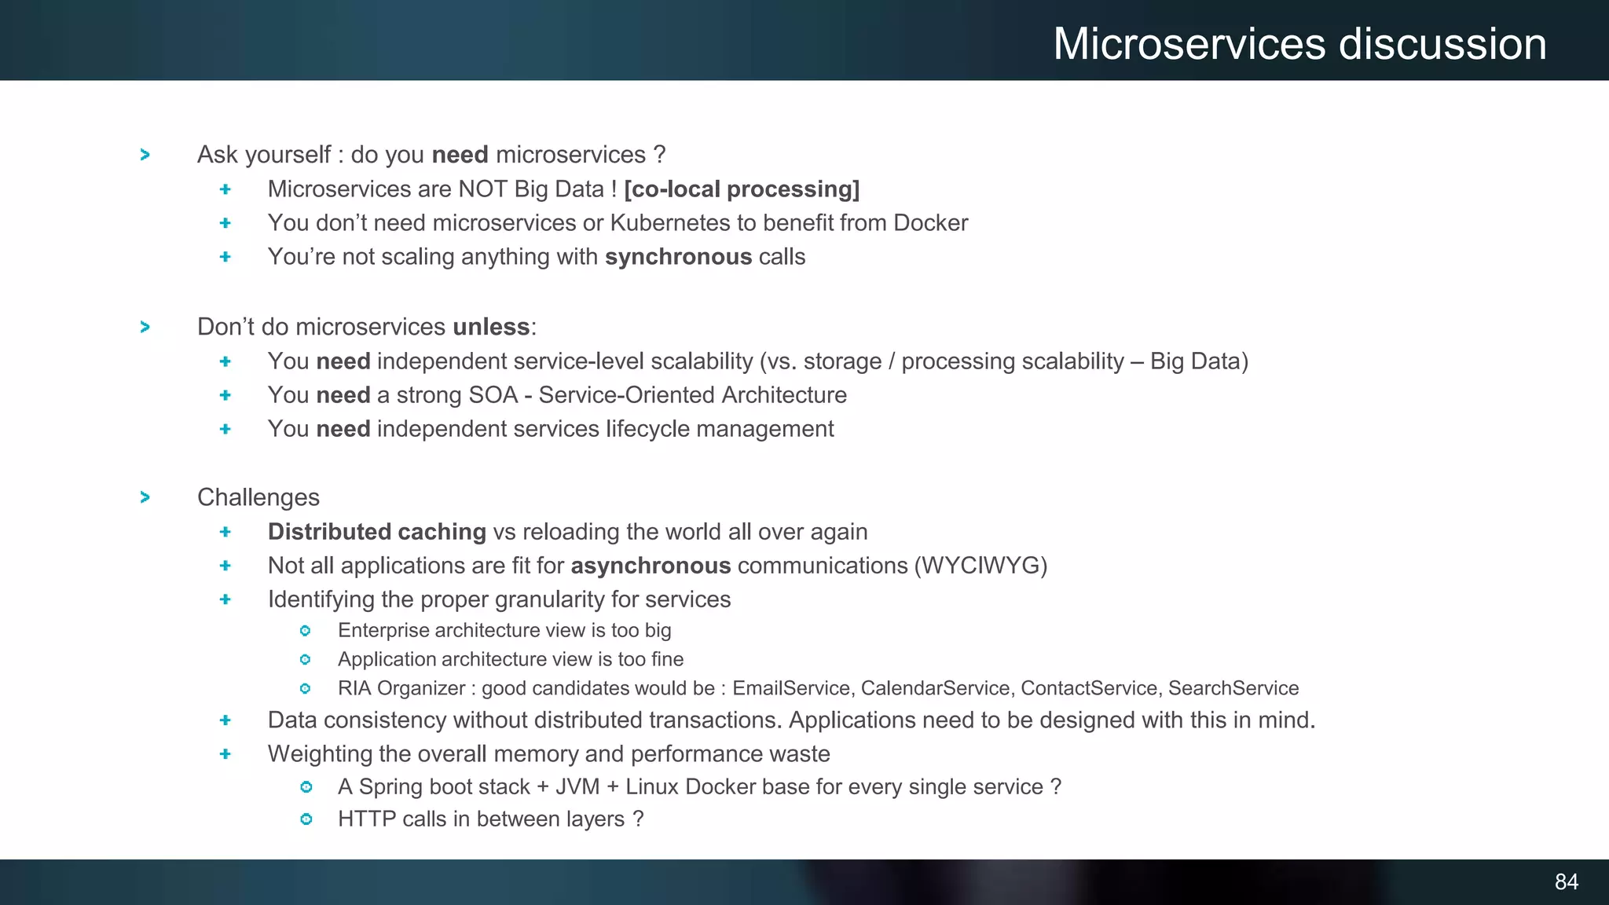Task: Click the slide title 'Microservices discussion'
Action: pos(1299,44)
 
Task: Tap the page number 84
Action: pos(1566,882)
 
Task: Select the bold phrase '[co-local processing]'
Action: pos(742,189)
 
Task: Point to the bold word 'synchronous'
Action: pos(678,257)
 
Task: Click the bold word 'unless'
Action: pos(491,327)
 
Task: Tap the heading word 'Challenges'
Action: pos(258,497)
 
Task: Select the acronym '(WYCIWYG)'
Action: pos(980,566)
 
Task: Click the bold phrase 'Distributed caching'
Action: pos(377,532)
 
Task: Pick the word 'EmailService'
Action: pos(791,688)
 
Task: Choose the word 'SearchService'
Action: pos(1233,688)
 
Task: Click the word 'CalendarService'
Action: pos(935,688)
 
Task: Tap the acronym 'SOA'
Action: pos(493,395)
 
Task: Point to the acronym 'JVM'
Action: pos(577,787)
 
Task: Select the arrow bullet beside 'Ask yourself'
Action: pos(145,155)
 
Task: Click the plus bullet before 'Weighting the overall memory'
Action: pos(225,754)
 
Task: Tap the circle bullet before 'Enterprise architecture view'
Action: pos(306,631)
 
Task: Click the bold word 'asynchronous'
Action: pos(651,566)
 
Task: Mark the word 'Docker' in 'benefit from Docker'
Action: pos(930,223)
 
